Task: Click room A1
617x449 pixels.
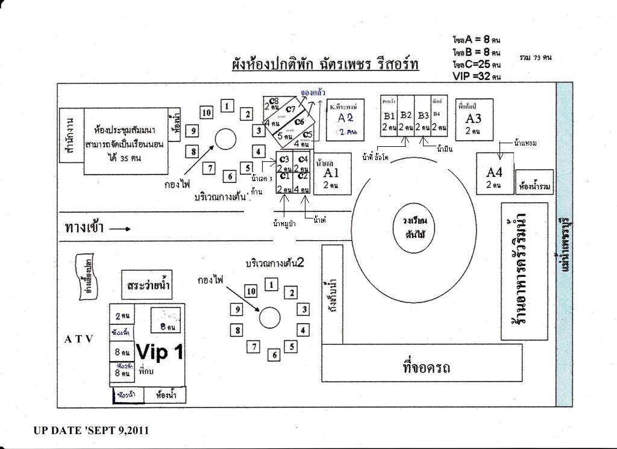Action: (x=331, y=174)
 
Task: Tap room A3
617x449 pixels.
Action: (x=474, y=119)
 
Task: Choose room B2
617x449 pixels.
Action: (x=406, y=116)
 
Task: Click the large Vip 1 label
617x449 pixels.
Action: (x=160, y=353)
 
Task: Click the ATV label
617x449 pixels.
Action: (x=79, y=339)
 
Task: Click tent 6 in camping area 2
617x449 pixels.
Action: (x=275, y=355)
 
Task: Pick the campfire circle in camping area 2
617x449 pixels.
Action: (x=269, y=317)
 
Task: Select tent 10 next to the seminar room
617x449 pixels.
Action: (x=206, y=113)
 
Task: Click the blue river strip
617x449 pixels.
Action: (x=564, y=241)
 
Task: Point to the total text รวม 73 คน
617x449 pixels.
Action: (x=535, y=58)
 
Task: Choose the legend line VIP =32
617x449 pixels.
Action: (x=477, y=76)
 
